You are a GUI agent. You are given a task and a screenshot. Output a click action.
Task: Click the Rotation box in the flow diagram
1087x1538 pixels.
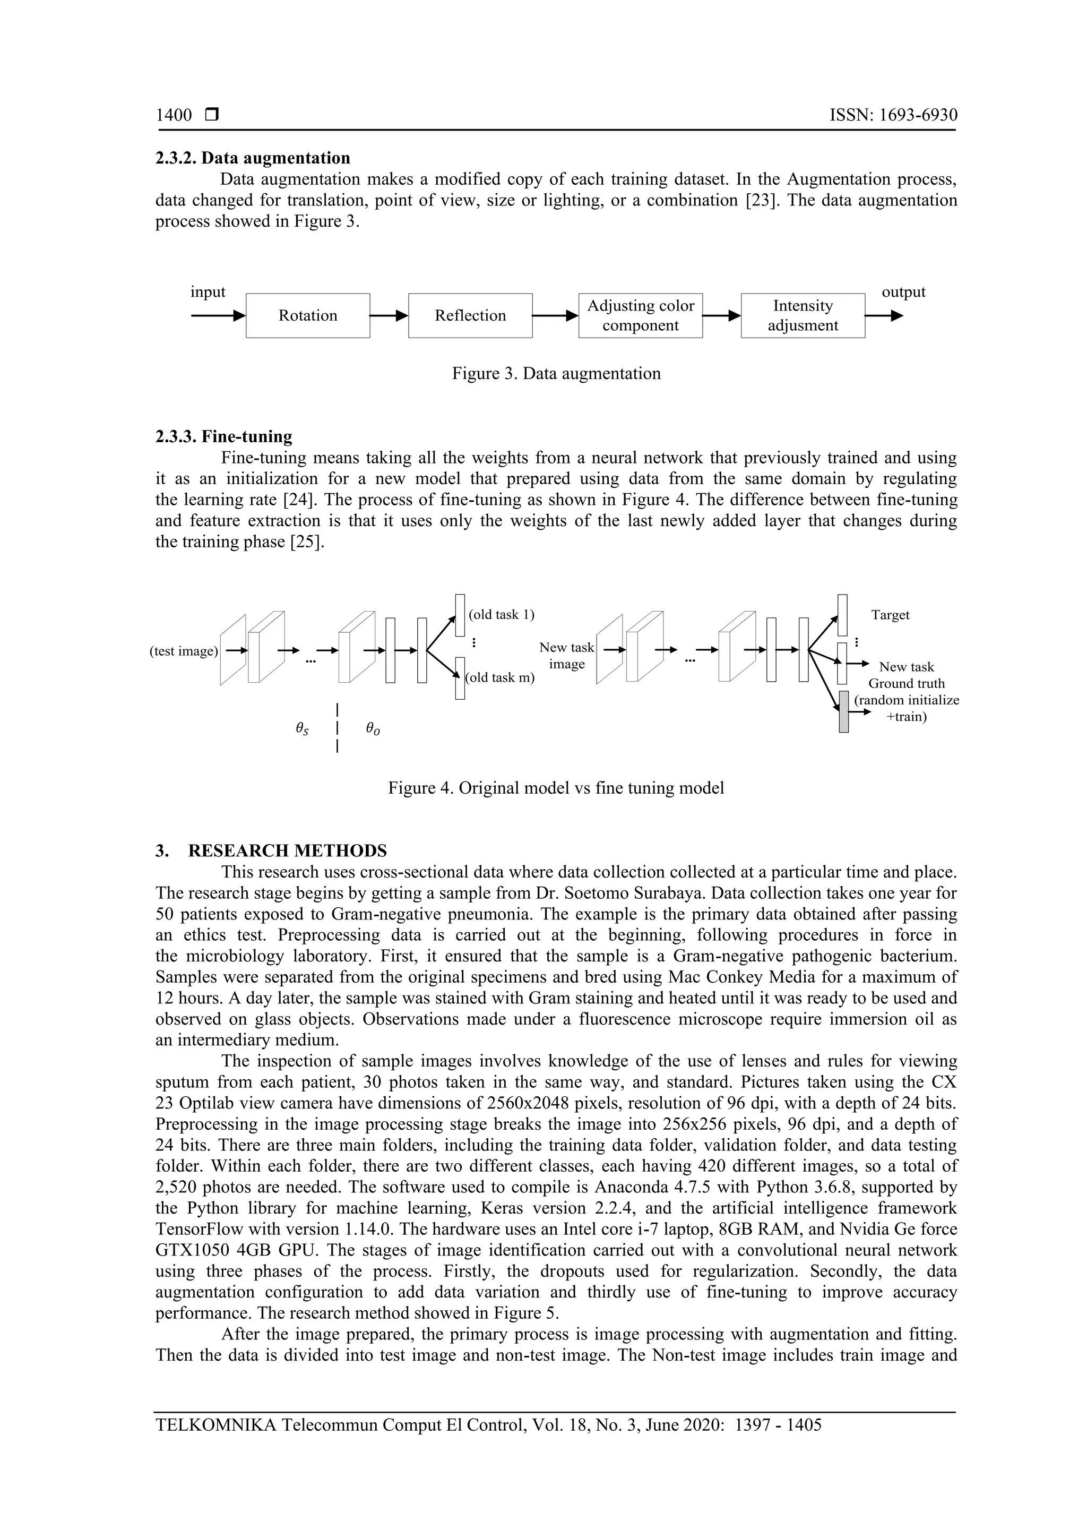307,315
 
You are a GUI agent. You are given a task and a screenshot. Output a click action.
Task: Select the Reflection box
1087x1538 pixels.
470,315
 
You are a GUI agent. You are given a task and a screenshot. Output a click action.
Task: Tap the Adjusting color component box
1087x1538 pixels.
640,315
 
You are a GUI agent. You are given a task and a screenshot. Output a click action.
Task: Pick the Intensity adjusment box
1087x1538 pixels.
803,315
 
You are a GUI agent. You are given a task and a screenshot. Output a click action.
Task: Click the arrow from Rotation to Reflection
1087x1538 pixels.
389,315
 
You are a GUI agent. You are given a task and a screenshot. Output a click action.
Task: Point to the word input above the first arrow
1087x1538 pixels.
208,292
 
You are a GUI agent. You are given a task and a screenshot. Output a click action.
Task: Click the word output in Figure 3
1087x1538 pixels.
903,292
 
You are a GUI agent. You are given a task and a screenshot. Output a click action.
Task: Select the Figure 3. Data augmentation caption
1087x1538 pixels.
556,374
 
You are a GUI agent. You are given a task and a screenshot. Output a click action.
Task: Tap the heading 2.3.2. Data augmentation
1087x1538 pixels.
253,158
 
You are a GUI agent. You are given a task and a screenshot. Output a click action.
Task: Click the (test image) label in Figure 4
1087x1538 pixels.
184,651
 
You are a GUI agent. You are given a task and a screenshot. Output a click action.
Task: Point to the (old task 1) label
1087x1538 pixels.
501,615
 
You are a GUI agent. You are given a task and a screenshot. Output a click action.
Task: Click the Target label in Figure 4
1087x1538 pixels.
890,615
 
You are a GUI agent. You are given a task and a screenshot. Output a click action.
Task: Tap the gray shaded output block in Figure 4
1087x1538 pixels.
843,711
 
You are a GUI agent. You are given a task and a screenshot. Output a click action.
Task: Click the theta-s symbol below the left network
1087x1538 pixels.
303,729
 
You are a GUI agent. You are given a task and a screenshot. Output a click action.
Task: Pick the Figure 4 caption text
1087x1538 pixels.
556,788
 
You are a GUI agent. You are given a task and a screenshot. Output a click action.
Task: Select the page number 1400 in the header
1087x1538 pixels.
174,115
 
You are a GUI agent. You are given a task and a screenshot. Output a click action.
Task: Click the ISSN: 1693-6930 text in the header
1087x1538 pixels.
893,115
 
